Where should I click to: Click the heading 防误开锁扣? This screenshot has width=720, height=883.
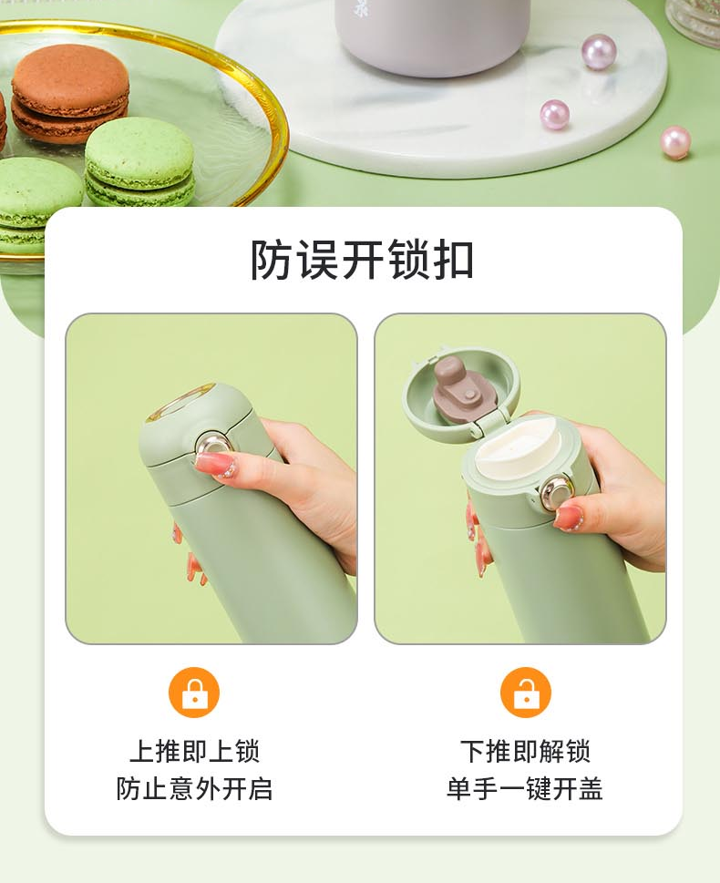click(x=361, y=260)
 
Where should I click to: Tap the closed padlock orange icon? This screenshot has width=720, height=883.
click(x=194, y=693)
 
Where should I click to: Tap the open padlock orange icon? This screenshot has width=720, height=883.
click(x=526, y=693)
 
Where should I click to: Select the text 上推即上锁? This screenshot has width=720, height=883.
click(x=194, y=751)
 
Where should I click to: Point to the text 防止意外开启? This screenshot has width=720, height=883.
click(x=194, y=788)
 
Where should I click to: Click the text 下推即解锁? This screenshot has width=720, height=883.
click(x=526, y=751)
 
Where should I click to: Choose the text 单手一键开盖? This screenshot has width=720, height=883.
click(x=525, y=788)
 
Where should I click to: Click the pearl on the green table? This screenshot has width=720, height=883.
click(x=675, y=142)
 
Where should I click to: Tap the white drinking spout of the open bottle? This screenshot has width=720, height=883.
click(x=518, y=448)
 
